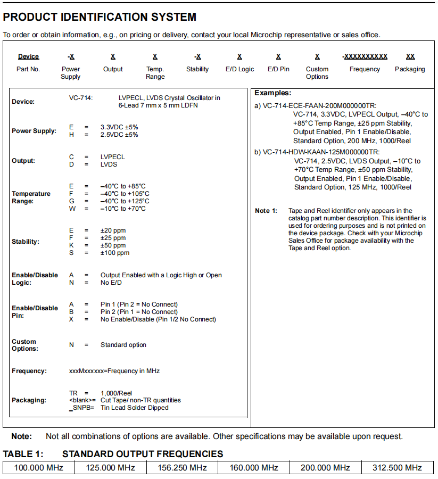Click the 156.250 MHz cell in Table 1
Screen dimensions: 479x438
point(183,468)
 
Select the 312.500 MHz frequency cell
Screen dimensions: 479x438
point(398,468)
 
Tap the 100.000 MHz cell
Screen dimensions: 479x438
point(39,468)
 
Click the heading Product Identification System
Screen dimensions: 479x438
point(100,17)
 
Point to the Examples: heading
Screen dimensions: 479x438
point(272,93)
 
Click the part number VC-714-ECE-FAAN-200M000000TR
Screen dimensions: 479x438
point(315,106)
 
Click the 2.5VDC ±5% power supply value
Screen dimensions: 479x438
point(119,135)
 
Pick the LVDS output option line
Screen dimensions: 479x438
point(109,164)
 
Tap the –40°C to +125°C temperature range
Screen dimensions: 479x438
point(125,201)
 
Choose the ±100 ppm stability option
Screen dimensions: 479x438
point(115,253)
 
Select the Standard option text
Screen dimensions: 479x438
point(123,345)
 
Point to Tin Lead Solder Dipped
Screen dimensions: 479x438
point(135,408)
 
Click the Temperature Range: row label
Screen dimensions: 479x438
point(31,197)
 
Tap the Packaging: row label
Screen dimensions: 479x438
point(29,400)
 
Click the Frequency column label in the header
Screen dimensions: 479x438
point(365,69)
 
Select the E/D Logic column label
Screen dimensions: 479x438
point(239,69)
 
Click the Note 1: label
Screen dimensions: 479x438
point(266,211)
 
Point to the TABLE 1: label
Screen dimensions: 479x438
point(23,454)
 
